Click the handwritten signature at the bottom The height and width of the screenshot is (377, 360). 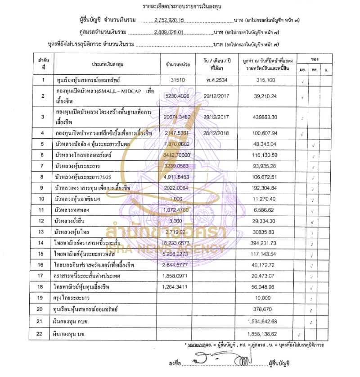(220, 360)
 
